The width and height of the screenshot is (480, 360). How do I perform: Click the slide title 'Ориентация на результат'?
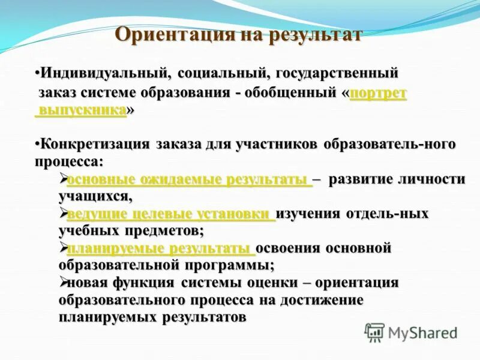[238, 34]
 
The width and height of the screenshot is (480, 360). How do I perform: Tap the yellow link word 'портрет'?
[378, 94]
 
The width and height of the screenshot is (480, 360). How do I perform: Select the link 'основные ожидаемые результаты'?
[190, 179]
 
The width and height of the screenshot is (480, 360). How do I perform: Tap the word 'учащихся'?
[93, 196]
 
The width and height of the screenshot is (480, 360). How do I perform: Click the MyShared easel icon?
[375, 332]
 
